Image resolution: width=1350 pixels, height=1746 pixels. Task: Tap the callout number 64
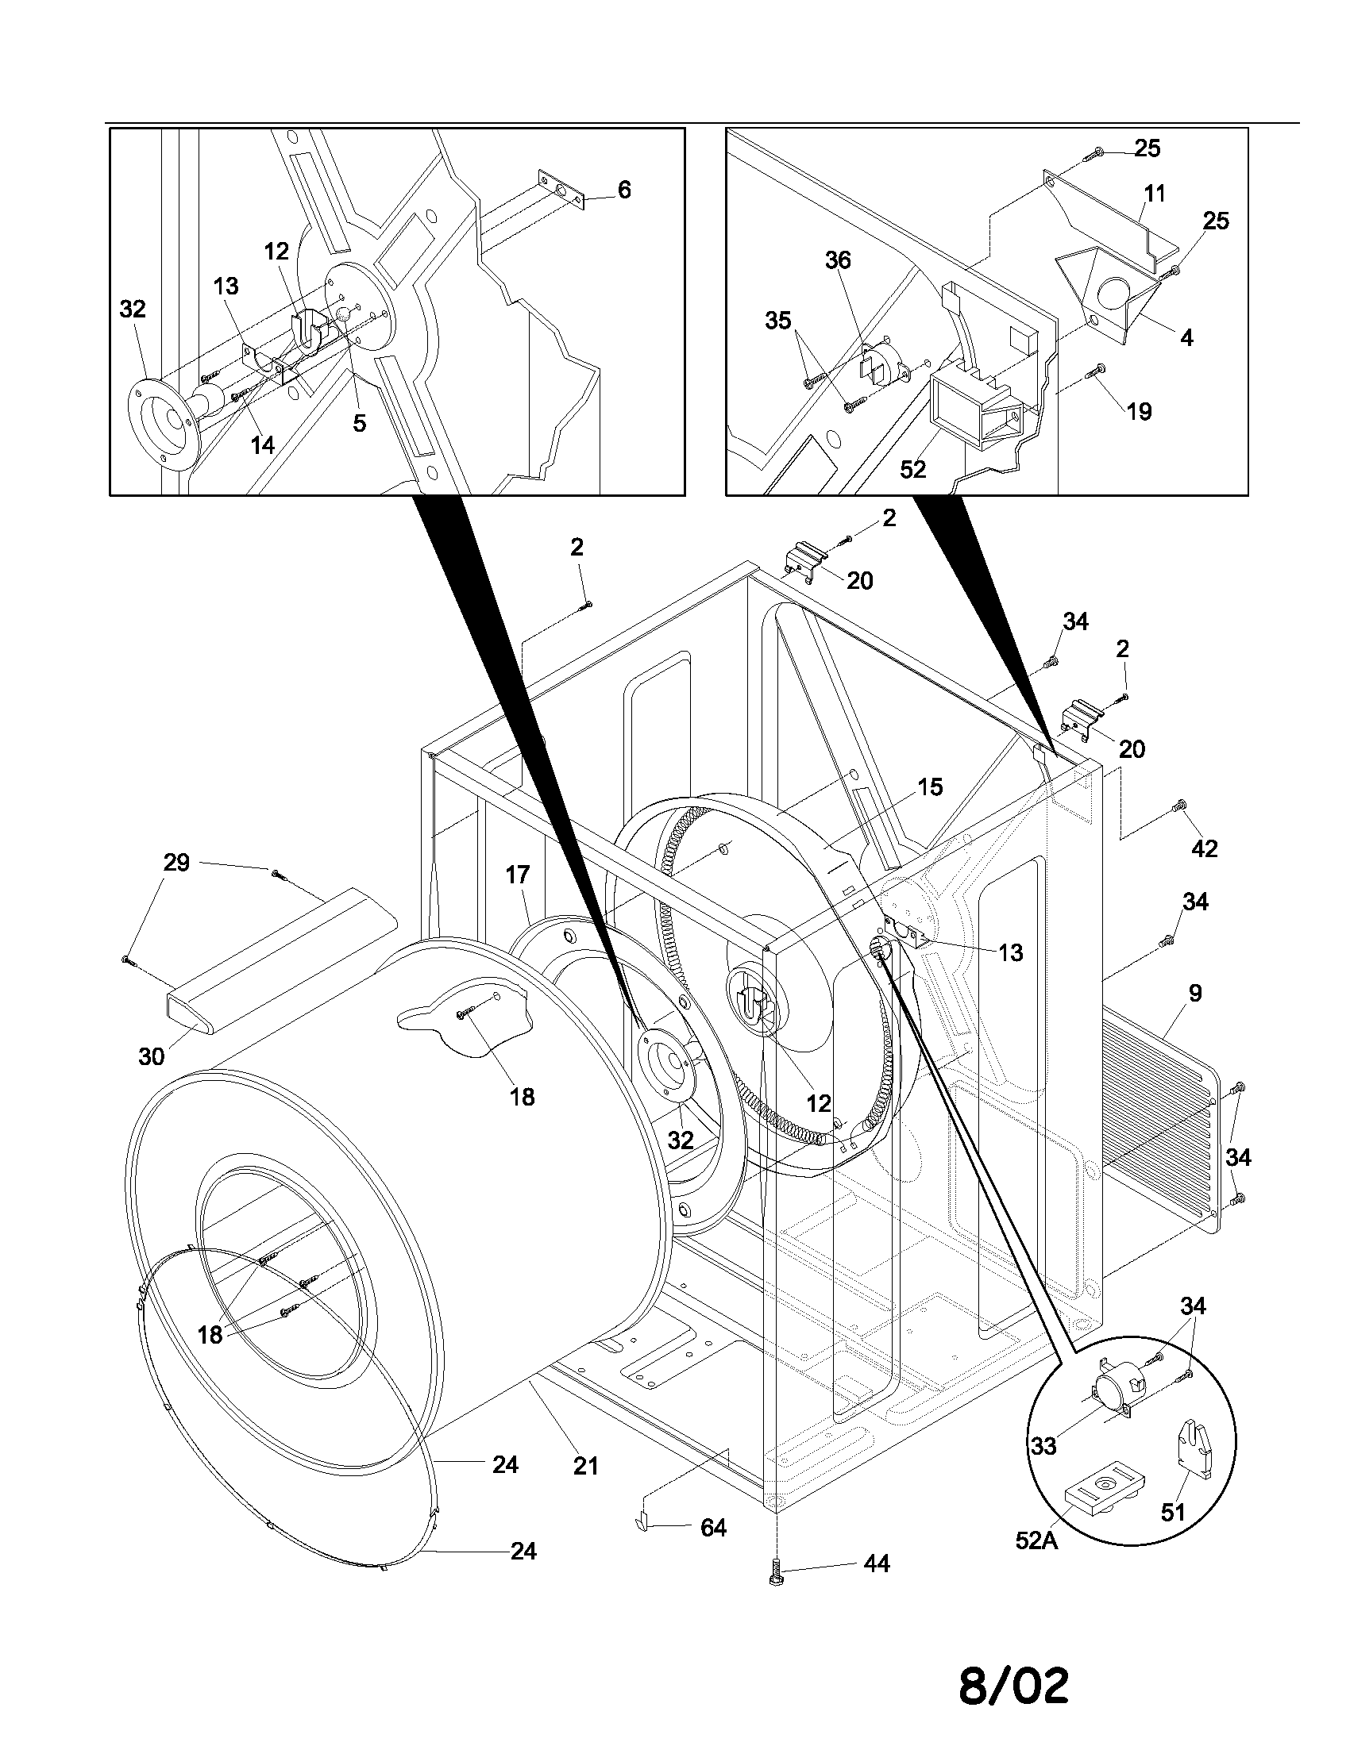tap(712, 1528)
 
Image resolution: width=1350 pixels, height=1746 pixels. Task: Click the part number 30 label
tap(151, 1057)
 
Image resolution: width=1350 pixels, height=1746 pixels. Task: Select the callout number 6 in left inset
tap(624, 190)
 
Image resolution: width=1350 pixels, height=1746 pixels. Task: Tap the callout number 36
tap(838, 260)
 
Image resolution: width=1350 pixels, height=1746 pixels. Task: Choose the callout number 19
tap(1139, 411)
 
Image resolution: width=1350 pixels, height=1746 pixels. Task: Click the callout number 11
tap(1155, 194)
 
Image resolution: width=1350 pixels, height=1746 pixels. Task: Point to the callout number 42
tap(1205, 848)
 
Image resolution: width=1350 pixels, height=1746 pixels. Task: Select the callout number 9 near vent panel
tap(1195, 993)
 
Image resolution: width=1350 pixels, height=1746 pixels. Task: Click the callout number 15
tap(930, 786)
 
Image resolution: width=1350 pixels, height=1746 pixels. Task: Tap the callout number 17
tap(518, 875)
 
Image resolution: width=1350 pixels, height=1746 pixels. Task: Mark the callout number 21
tap(585, 1465)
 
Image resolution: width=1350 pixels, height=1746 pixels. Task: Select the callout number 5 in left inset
tap(360, 423)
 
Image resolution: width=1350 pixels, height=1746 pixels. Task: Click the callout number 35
tap(778, 321)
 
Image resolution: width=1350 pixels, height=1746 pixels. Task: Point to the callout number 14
tap(262, 444)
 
